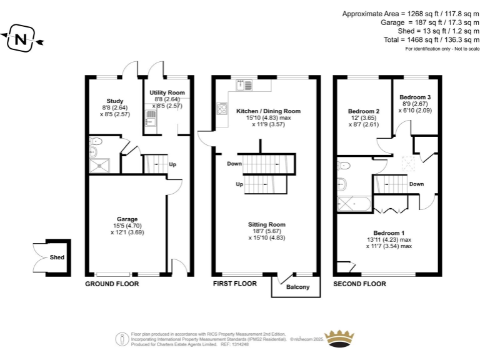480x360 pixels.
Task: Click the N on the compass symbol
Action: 21,39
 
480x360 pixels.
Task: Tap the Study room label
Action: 115,101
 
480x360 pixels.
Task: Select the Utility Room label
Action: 167,92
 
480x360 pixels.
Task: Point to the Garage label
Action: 127,219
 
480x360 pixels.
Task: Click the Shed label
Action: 57,257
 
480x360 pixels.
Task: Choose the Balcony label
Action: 298,287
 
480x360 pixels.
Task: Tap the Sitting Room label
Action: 267,224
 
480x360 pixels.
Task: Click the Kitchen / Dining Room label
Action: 269,111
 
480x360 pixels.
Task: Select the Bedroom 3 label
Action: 415,97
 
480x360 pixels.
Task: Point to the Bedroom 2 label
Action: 364,111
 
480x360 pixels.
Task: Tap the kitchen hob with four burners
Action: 222,108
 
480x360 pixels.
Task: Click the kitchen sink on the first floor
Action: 244,86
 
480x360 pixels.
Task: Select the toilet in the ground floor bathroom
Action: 96,141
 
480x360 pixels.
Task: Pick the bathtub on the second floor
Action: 354,204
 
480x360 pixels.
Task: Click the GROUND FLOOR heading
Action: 112,284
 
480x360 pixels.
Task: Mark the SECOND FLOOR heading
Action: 360,284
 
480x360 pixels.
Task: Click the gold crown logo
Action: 339,338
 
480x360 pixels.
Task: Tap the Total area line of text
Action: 432,40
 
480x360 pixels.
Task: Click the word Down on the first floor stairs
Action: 234,164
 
